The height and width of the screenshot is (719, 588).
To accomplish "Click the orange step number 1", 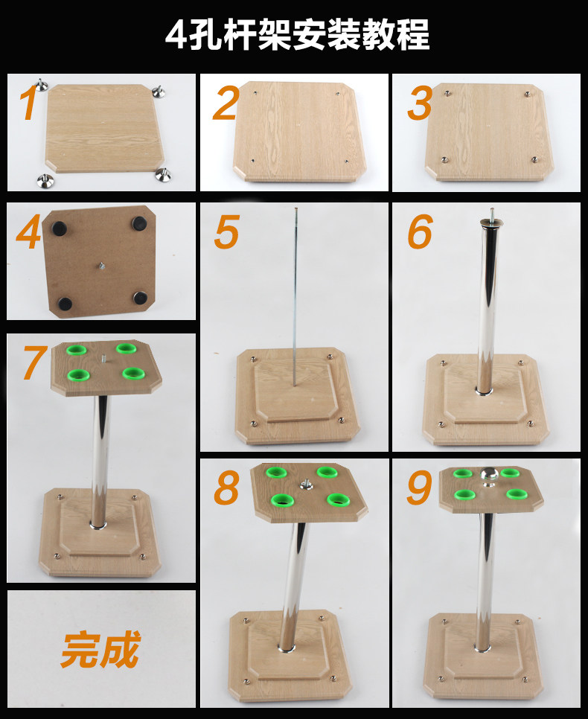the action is (x=28, y=104).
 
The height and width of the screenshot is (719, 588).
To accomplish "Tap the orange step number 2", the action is (x=226, y=104).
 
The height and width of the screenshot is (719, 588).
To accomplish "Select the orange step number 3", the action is (x=420, y=104).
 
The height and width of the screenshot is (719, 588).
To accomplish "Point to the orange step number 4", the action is (x=28, y=232).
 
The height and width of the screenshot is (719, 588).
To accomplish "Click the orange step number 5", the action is (x=226, y=232).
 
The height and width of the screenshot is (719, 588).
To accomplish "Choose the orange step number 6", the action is (x=420, y=232).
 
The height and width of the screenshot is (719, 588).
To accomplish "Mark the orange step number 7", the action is (x=35, y=362).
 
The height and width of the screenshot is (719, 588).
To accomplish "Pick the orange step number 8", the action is (x=226, y=488).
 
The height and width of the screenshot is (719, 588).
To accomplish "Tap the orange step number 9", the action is (x=419, y=488).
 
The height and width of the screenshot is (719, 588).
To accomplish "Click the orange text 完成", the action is (x=100, y=649).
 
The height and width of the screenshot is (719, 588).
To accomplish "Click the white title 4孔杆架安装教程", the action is (x=297, y=34).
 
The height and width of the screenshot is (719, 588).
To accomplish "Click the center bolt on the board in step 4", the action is (x=102, y=264).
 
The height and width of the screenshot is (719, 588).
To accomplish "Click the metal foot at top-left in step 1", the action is (x=41, y=86).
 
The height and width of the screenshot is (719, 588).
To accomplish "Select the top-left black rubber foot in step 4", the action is (x=59, y=228).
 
